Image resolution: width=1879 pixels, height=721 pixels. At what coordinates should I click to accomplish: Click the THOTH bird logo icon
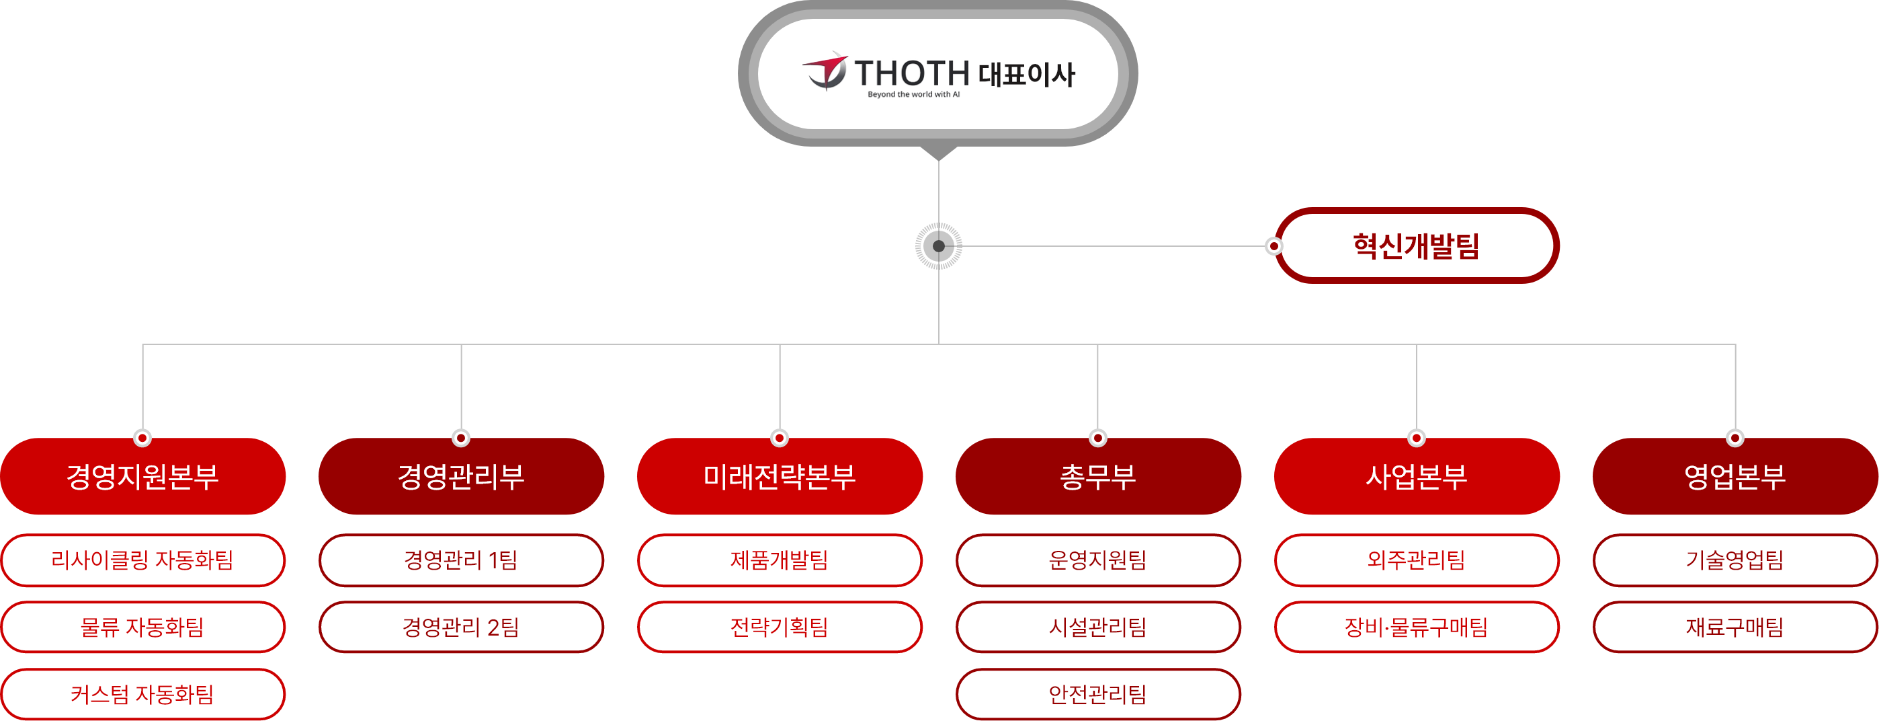tap(826, 71)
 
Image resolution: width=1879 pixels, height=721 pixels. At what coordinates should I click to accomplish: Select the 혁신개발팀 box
tap(1417, 245)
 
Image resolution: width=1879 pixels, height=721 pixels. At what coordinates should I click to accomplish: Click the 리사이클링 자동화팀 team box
tap(143, 560)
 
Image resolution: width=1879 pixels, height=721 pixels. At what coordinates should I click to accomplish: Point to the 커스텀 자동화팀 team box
tap(143, 694)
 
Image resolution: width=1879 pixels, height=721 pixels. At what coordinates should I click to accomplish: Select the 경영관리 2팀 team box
tap(461, 627)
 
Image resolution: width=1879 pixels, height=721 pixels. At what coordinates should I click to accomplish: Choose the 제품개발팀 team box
tap(780, 560)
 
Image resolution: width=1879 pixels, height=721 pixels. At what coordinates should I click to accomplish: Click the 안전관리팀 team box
tap(1098, 694)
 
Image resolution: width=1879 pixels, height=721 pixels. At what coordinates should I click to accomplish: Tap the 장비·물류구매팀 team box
tap(1417, 627)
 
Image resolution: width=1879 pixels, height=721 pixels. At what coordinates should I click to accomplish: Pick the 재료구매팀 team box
tap(1735, 627)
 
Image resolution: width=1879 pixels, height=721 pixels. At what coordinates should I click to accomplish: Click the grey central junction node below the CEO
tap(939, 246)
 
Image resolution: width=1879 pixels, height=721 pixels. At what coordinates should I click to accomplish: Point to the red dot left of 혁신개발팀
tap(1273, 246)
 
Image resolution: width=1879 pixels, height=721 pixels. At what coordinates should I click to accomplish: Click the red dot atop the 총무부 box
tap(1098, 438)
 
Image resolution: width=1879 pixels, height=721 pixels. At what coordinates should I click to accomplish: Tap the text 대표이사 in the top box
tap(1026, 74)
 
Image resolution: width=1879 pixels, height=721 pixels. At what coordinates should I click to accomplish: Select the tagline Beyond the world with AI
tap(913, 94)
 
